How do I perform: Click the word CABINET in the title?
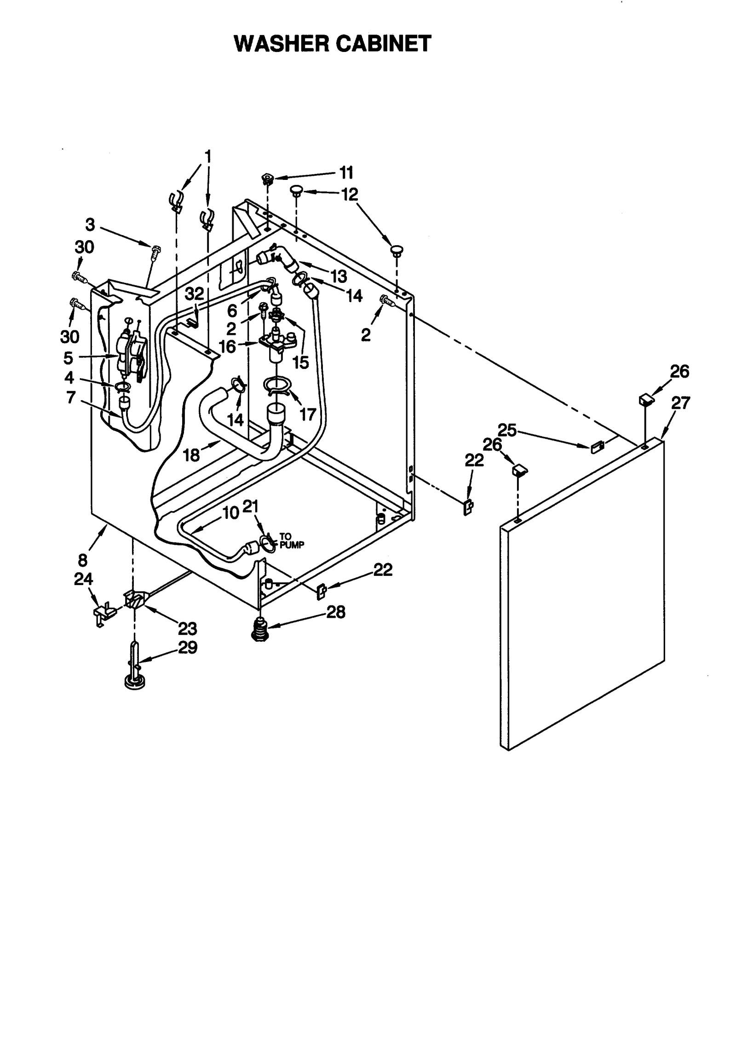(383, 44)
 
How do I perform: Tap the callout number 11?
(346, 173)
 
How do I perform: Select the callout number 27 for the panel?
(680, 403)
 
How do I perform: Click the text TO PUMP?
(292, 541)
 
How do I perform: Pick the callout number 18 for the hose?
(191, 455)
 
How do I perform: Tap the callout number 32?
(194, 294)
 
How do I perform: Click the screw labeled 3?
(155, 251)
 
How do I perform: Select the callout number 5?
(68, 357)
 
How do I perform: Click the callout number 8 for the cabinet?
(82, 560)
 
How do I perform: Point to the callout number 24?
(83, 579)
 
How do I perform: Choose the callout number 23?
(187, 628)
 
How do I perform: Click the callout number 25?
(507, 430)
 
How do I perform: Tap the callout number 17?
(307, 414)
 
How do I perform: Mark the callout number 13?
(339, 276)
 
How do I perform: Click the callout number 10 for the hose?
(231, 512)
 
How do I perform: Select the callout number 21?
(250, 506)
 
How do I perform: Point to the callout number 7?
(70, 397)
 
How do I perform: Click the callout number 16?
(227, 346)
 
